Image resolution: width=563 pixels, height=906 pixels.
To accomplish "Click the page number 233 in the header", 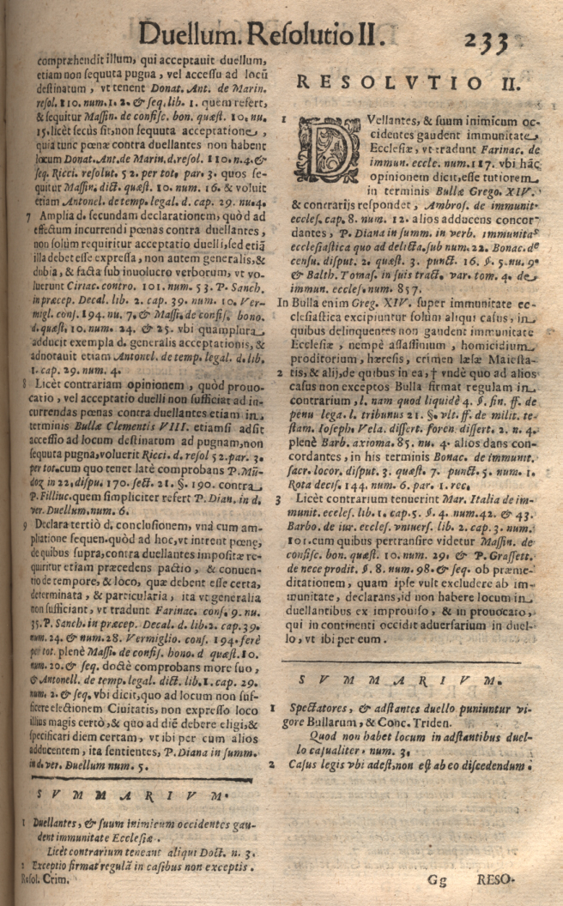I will (x=488, y=40).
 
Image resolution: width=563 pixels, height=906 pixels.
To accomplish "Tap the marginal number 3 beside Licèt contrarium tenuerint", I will (x=280, y=498).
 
